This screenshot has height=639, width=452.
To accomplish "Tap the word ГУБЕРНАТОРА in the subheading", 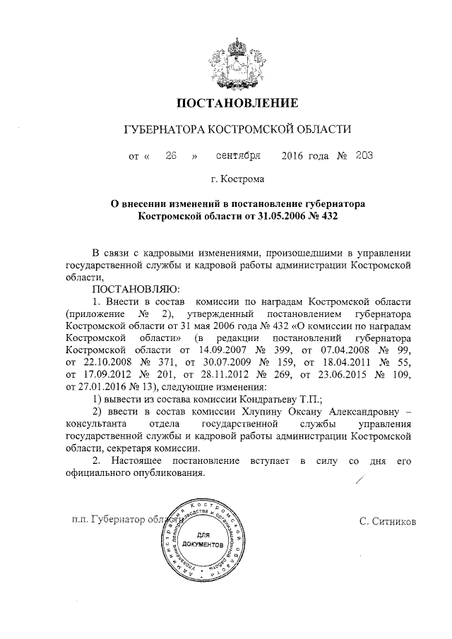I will [164, 131].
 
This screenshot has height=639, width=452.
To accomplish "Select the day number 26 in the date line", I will [169, 155].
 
